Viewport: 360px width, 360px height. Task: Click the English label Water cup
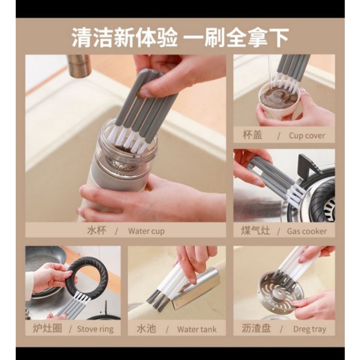pyautogui.click(x=146, y=231)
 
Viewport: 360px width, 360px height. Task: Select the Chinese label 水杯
pyautogui.click(x=96, y=231)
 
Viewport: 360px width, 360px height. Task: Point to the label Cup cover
pyautogui.click(x=306, y=135)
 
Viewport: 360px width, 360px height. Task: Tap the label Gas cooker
pyautogui.click(x=307, y=231)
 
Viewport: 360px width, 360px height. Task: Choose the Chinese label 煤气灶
pyautogui.click(x=256, y=231)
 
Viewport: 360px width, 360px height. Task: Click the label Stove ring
pyautogui.click(x=95, y=329)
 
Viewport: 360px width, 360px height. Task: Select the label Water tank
pyautogui.click(x=197, y=329)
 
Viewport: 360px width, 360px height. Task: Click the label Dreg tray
pyautogui.click(x=309, y=329)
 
